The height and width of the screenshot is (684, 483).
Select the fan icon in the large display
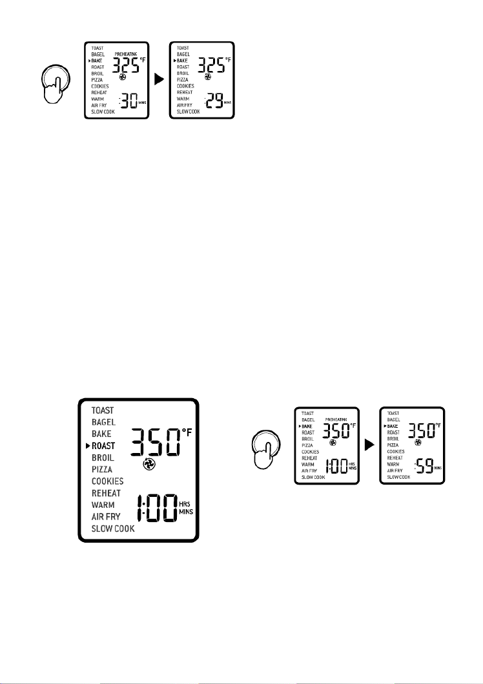(147, 466)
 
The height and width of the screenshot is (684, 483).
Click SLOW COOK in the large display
(113, 529)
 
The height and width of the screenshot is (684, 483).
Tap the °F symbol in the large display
(187, 432)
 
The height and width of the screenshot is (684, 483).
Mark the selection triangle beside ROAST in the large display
(88, 446)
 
